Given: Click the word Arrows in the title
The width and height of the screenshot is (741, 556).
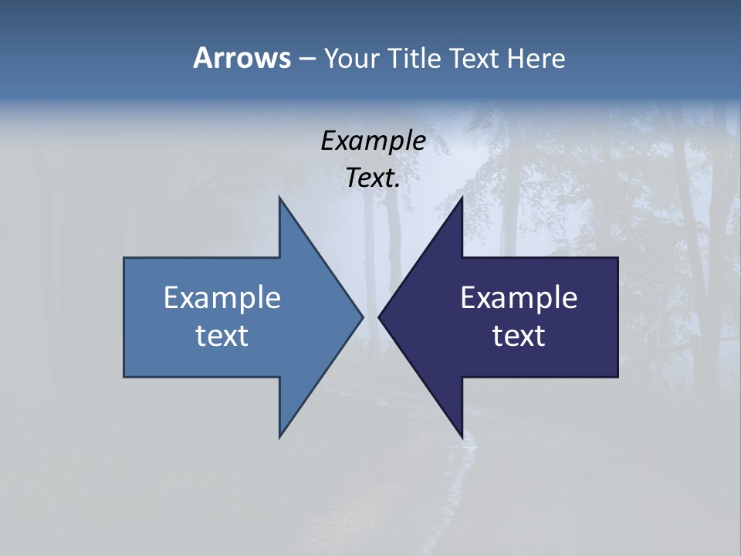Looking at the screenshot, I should click(x=241, y=58).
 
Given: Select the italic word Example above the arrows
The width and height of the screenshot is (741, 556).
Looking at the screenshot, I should click(x=373, y=141).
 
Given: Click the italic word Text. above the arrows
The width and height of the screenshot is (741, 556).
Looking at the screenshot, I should click(x=373, y=178).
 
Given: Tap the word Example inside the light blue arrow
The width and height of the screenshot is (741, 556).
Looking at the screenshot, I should click(x=222, y=297).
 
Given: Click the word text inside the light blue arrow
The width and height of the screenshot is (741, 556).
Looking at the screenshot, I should click(x=222, y=336).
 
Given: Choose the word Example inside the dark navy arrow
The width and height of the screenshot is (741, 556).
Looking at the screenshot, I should click(x=519, y=297).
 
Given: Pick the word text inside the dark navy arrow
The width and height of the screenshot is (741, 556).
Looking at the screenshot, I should click(x=519, y=336).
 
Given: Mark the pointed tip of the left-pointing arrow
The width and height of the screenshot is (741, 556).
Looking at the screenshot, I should click(x=379, y=317).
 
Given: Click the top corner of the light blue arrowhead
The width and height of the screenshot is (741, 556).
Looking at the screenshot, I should click(x=279, y=198).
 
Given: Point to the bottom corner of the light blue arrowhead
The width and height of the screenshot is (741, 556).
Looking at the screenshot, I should click(x=279, y=436).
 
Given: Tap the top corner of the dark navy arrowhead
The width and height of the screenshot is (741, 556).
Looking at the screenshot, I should click(x=462, y=198).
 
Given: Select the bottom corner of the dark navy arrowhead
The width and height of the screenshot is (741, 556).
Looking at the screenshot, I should click(x=462, y=436).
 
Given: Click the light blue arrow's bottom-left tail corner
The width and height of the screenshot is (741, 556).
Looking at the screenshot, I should click(x=125, y=376).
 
